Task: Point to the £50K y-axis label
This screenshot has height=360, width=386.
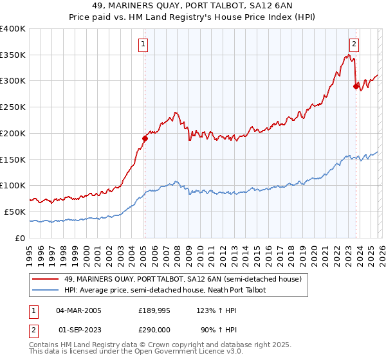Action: point(15,212)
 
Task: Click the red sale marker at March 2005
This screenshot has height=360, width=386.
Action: point(145,138)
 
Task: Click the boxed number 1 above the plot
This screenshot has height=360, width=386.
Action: point(143,44)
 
